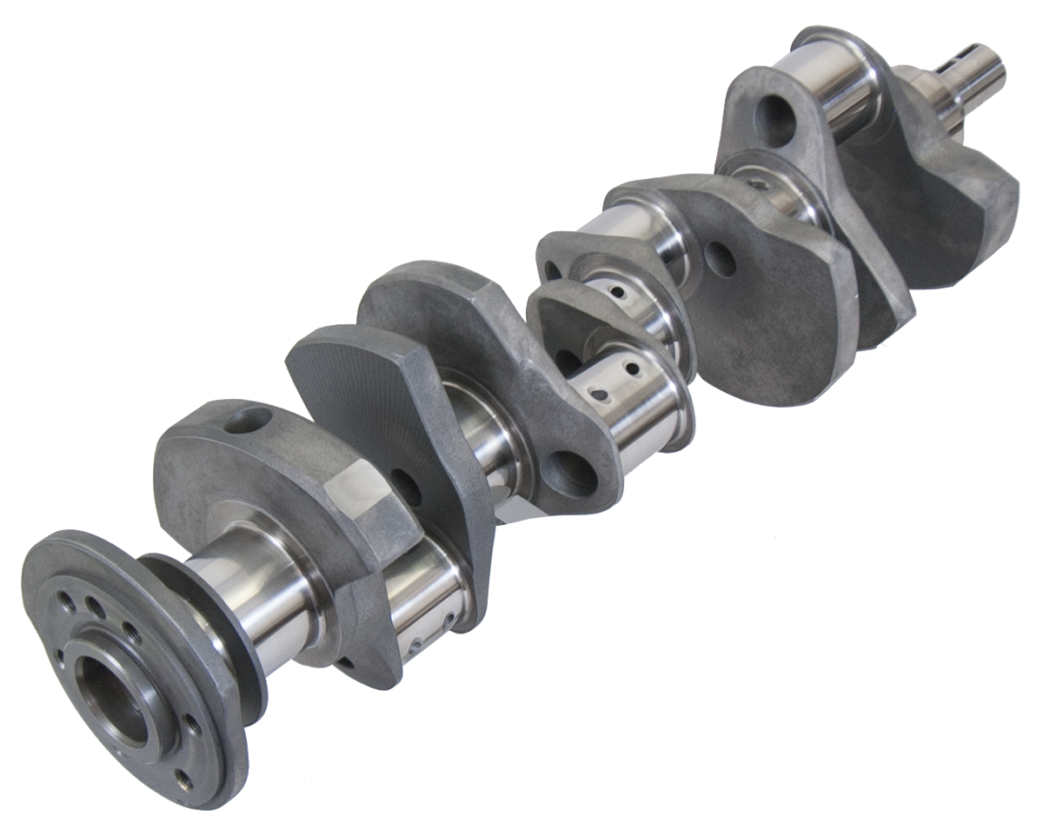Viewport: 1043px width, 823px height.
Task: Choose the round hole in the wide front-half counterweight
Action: tap(720, 259)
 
